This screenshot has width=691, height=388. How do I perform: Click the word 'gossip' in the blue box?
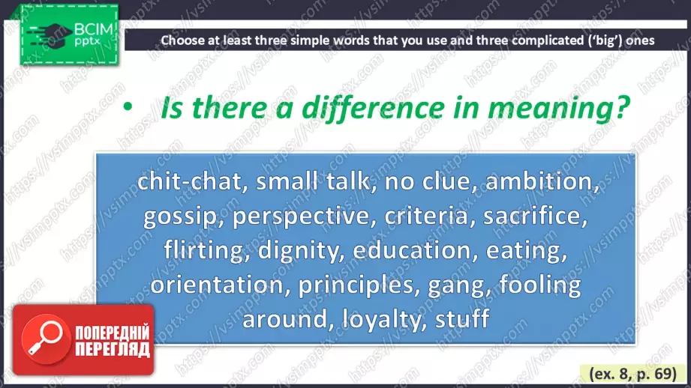click(x=180, y=216)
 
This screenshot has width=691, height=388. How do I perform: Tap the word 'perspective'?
click(x=305, y=216)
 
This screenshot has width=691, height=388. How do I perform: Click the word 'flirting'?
click(x=203, y=251)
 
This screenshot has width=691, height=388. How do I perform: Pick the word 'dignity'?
click(x=301, y=251)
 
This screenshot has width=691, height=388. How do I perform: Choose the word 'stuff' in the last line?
click(x=462, y=318)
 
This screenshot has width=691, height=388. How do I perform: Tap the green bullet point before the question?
click(x=128, y=106)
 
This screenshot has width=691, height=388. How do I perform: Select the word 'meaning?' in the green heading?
click(x=559, y=109)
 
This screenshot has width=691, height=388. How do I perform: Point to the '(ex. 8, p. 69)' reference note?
click(x=632, y=374)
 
